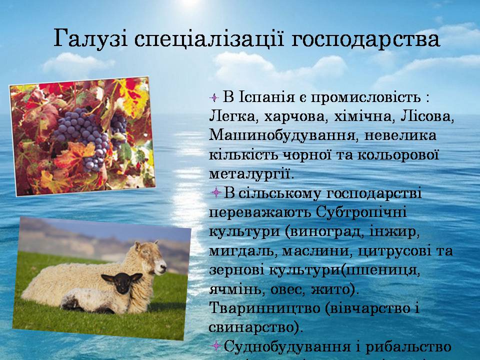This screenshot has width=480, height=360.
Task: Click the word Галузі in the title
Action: (90, 38)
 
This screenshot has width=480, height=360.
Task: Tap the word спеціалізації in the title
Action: (209, 38)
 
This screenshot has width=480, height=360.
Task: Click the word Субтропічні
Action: (361, 212)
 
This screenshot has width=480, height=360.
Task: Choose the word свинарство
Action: (253, 327)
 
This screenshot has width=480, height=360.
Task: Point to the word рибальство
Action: (408, 346)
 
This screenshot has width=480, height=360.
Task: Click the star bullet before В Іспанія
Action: (214, 98)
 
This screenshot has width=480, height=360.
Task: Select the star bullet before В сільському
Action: (216, 193)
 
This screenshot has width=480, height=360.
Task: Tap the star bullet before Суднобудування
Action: (216, 346)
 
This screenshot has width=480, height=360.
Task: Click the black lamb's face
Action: (122, 282)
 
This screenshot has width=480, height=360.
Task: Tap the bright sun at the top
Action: (190, 2)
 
